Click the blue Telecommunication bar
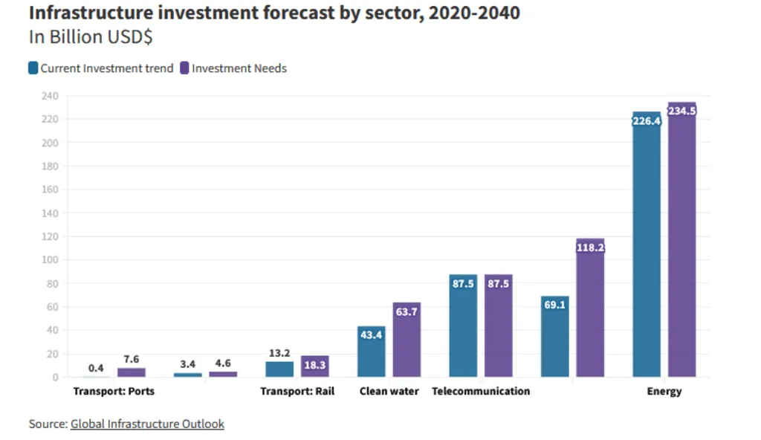[463, 327]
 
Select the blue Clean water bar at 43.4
[371, 353]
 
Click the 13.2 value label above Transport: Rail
[279, 353]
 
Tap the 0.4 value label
[96, 369]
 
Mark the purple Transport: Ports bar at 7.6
[131, 372]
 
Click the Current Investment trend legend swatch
[33, 68]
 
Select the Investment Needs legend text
[239, 68]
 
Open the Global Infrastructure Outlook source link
[147, 424]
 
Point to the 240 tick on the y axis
[49, 96]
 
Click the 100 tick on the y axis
[49, 260]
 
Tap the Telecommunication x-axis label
[481, 391]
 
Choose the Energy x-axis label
[664, 391]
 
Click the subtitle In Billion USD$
[91, 37]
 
